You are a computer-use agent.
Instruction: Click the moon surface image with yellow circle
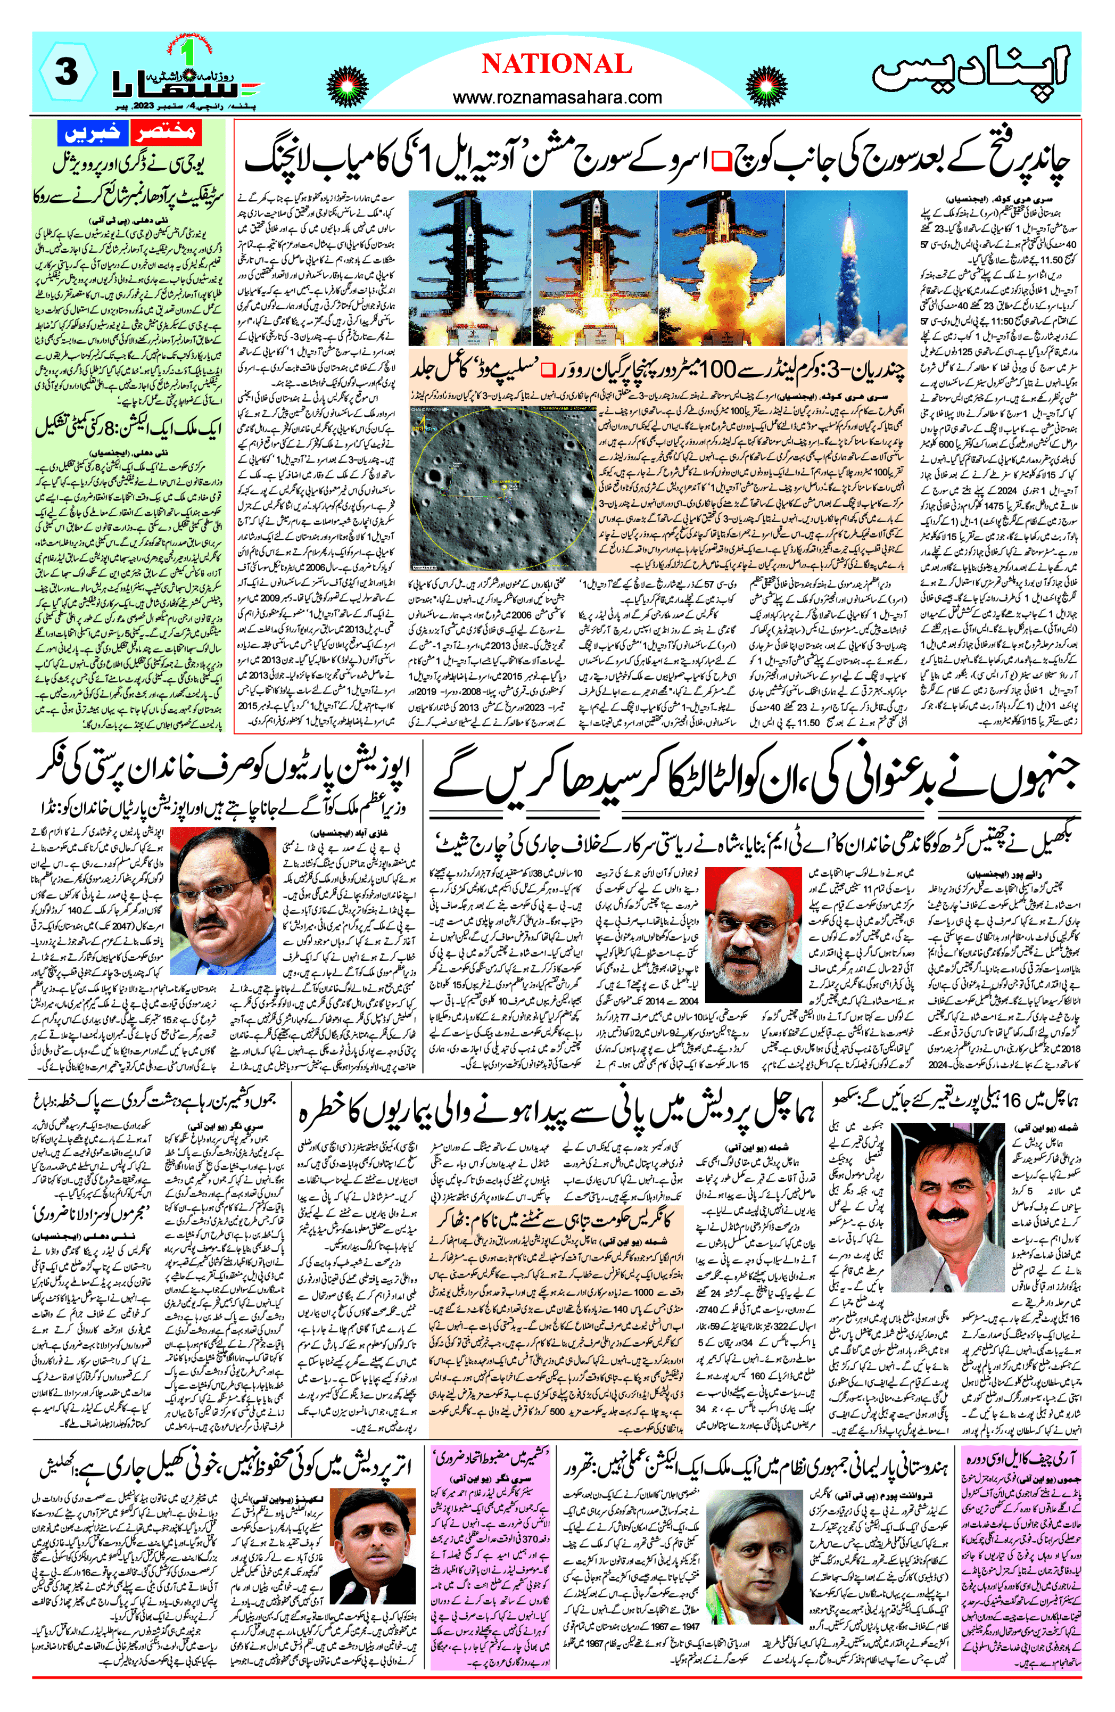pos(503,488)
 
